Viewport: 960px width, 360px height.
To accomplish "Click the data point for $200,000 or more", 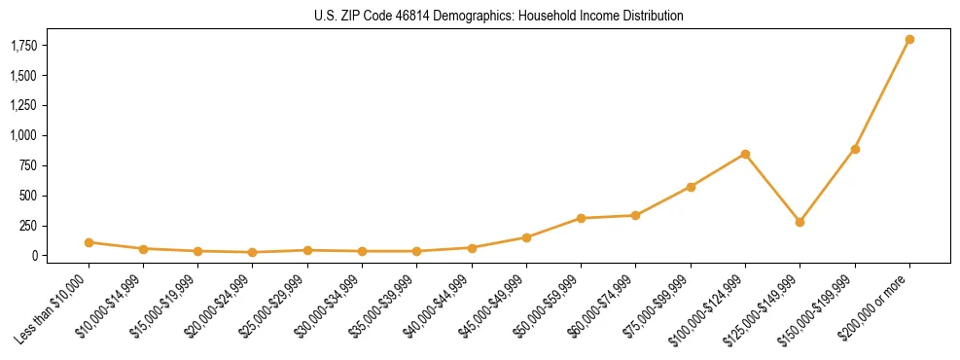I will [x=909, y=39].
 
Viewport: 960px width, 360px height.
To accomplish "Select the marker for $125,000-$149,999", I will [x=800, y=222].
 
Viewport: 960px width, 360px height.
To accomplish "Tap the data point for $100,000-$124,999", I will [x=745, y=154].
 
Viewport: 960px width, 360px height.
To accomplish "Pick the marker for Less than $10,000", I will [x=89, y=242].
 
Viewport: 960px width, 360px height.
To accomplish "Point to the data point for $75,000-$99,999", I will [x=691, y=187].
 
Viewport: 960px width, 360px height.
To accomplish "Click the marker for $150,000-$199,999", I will [x=855, y=149].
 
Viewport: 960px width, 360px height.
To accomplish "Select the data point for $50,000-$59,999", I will [x=581, y=218].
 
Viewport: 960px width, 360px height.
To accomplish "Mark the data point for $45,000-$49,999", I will [x=526, y=237].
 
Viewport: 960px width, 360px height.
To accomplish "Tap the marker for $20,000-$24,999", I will [x=253, y=252].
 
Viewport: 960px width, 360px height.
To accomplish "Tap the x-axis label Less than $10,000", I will [x=53, y=306].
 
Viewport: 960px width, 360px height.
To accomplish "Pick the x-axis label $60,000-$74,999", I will [x=602, y=306].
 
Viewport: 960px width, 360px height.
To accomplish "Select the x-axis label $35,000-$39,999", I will [x=383, y=306].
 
